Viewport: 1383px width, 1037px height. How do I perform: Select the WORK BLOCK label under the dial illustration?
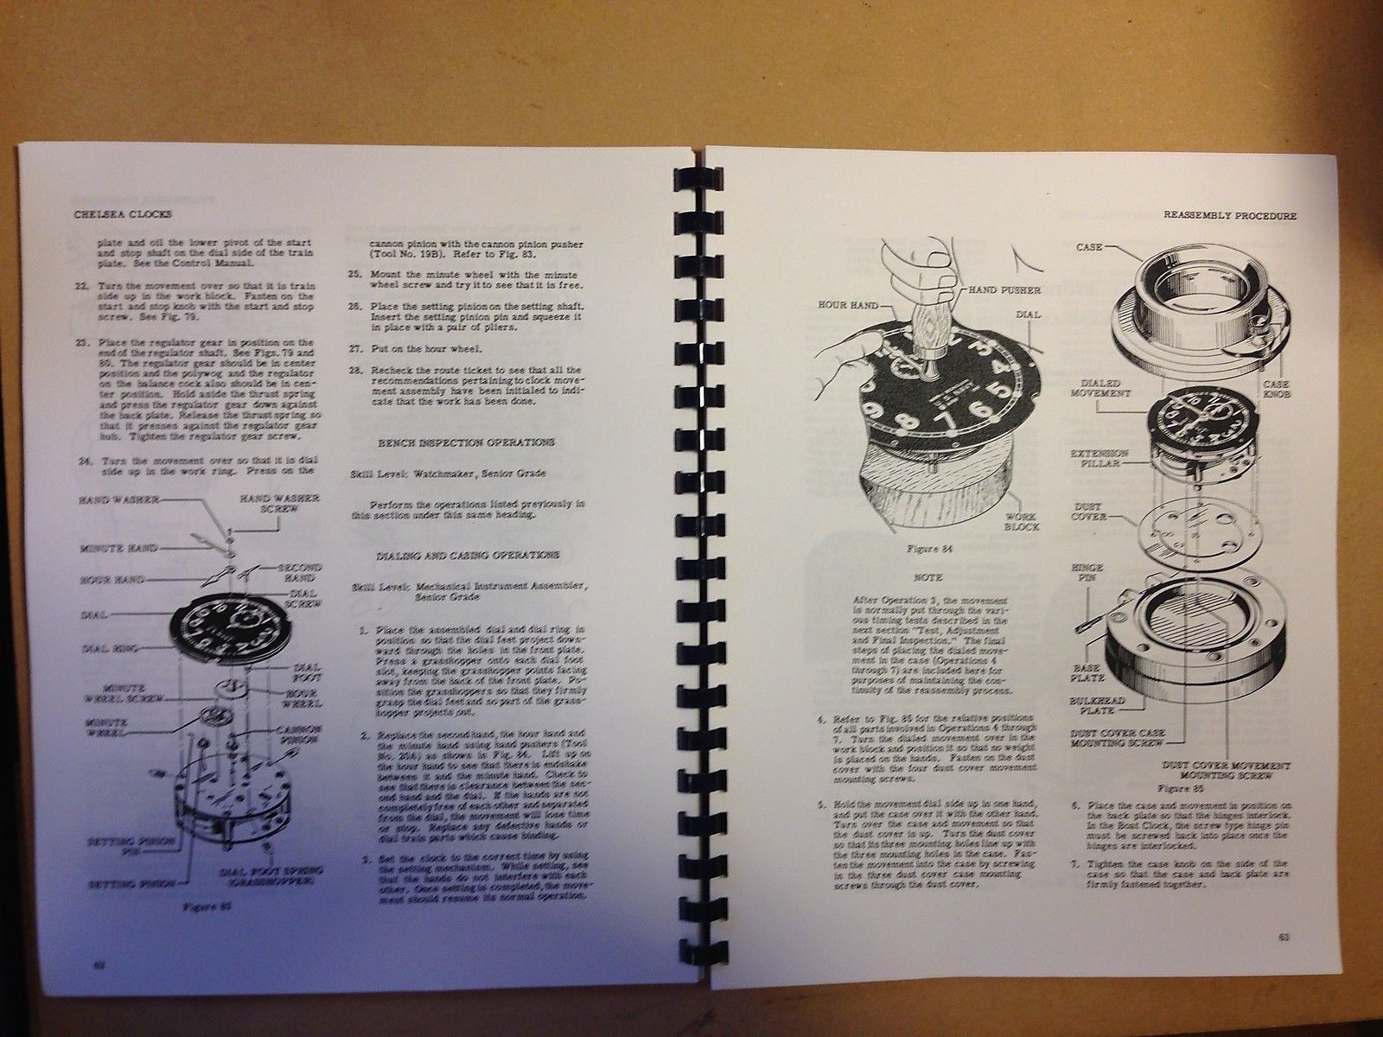pyautogui.click(x=1023, y=520)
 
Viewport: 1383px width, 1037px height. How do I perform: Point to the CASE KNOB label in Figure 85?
pyautogui.click(x=1278, y=390)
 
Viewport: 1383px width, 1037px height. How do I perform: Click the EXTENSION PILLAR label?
pyautogui.click(x=1099, y=459)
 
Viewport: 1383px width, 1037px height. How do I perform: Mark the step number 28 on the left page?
pyautogui.click(x=356, y=371)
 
